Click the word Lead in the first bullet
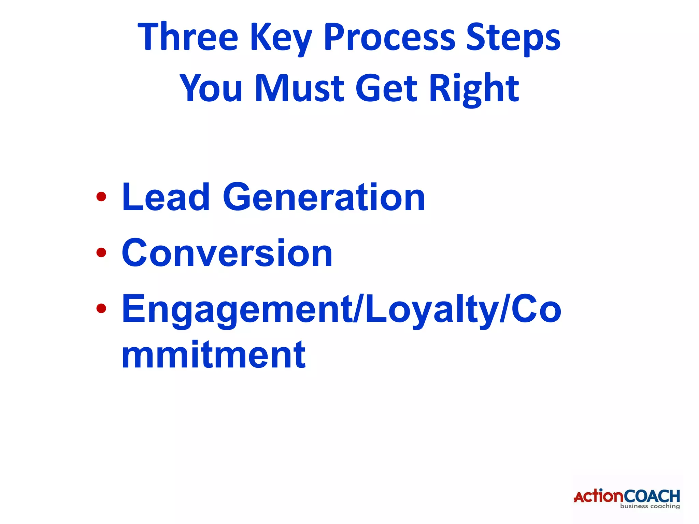coord(166,197)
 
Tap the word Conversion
coord(227,253)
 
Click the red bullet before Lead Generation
coord(101,197)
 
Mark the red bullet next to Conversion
coord(101,253)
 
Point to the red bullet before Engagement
coord(101,308)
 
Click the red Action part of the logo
coord(598,496)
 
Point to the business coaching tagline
coord(650,506)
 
